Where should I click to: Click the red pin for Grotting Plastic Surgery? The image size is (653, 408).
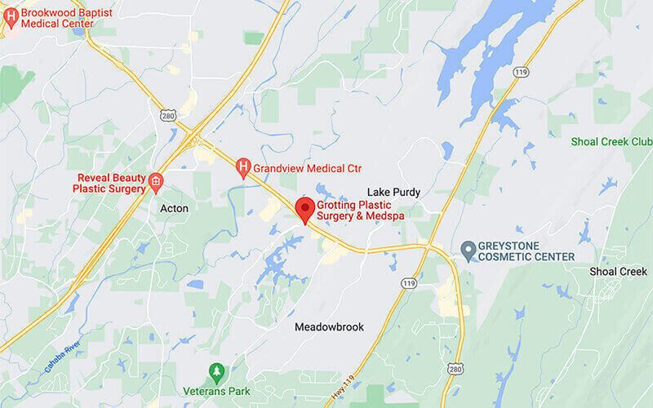click(306, 209)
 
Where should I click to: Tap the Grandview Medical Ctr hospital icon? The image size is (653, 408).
click(242, 169)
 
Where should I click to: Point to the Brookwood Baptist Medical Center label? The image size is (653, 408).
click(56, 18)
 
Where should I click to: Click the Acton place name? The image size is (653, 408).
click(174, 208)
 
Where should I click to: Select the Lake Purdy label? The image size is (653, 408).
click(393, 193)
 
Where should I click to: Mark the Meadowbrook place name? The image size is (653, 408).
click(329, 326)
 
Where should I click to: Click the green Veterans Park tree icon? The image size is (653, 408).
click(216, 372)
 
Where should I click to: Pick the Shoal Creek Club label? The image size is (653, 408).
click(611, 141)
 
